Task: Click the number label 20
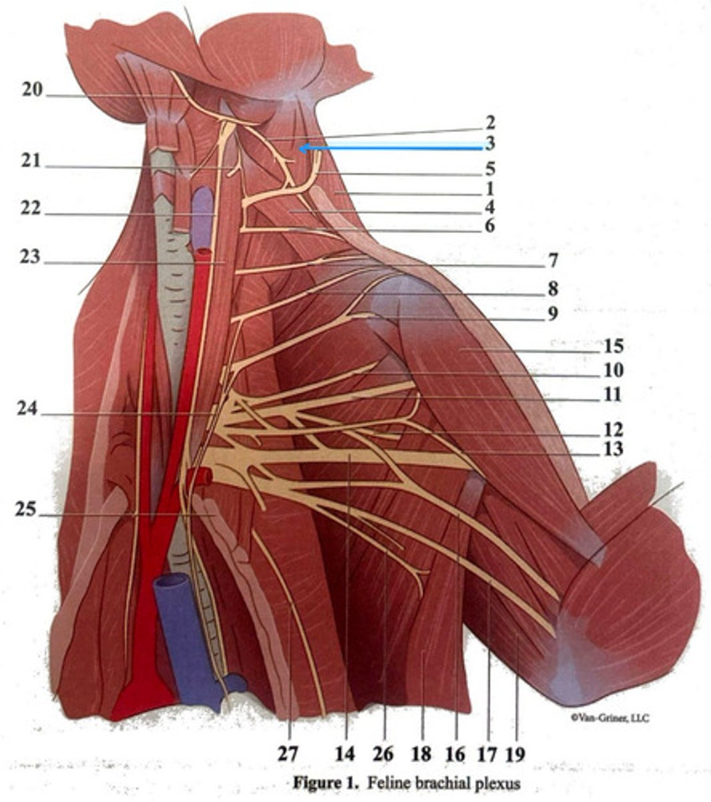(x=32, y=89)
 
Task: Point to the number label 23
(x=30, y=257)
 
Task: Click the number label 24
(x=29, y=409)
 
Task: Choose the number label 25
(x=27, y=509)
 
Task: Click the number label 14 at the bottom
(x=344, y=754)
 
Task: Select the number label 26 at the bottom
(x=383, y=754)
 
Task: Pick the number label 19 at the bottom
(x=515, y=754)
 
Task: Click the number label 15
(x=612, y=347)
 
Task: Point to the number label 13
(x=612, y=448)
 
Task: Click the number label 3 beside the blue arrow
(x=489, y=143)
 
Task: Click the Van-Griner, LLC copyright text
(x=610, y=718)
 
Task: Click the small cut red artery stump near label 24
(x=200, y=476)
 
